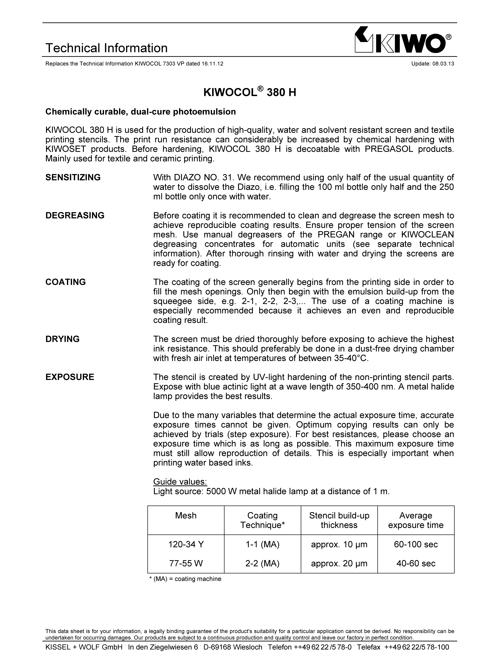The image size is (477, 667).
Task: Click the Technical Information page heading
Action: pyautogui.click(x=106, y=48)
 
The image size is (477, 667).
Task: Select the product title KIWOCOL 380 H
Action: pyautogui.click(x=250, y=93)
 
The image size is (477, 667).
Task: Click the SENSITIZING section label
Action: pyautogui.click(x=73, y=177)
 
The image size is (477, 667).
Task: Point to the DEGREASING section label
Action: pyautogui.click(x=75, y=215)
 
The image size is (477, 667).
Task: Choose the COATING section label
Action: pyautogui.click(x=65, y=282)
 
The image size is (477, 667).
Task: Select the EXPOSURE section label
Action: pyautogui.click(x=70, y=377)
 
